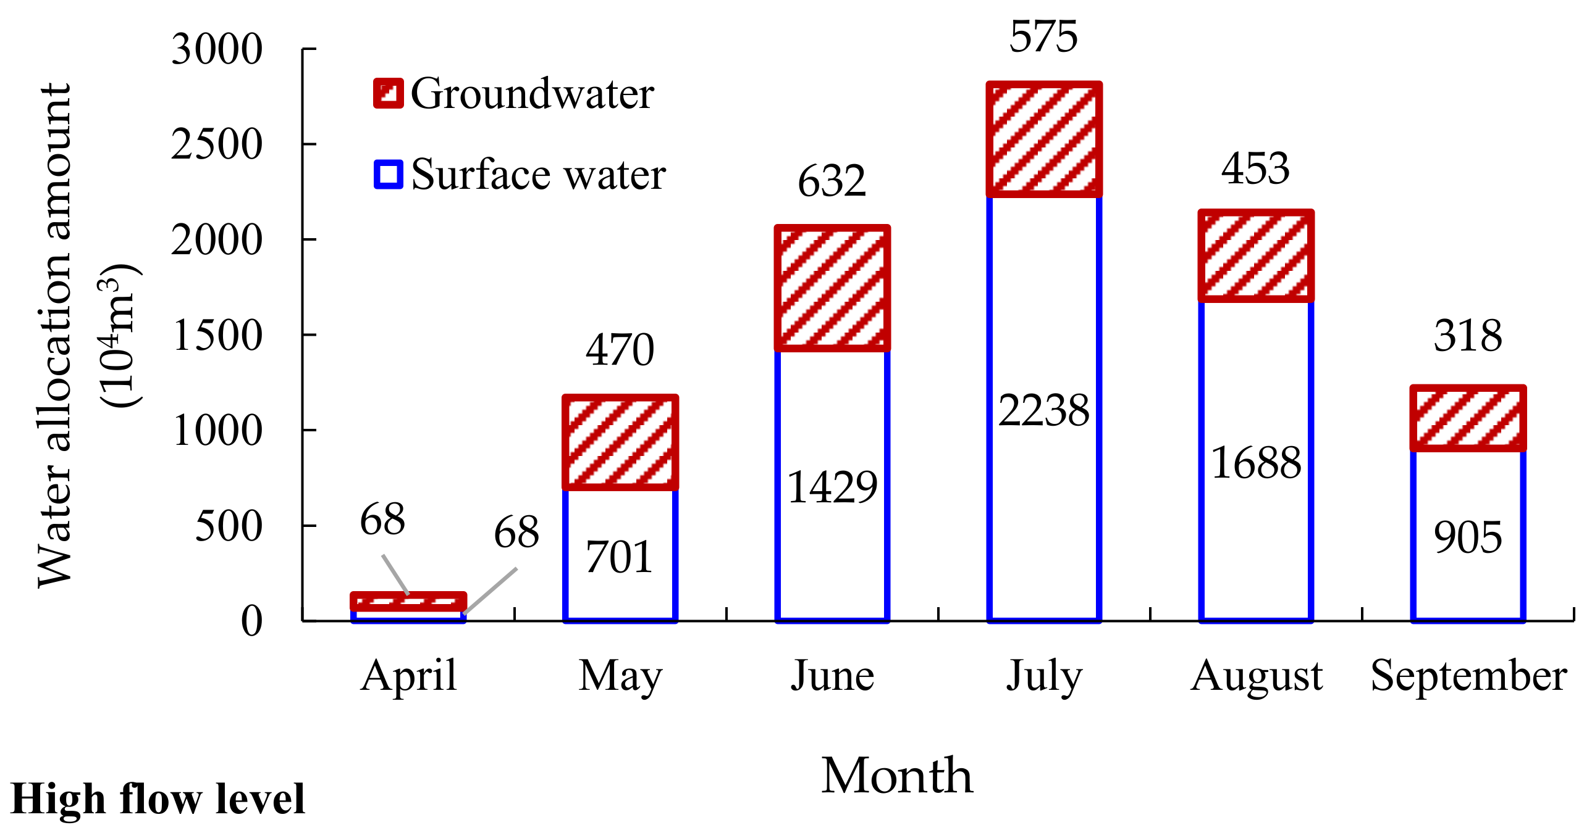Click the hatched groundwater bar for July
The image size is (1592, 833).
(1044, 139)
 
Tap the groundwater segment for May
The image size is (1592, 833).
(620, 442)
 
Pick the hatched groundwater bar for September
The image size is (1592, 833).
(1468, 418)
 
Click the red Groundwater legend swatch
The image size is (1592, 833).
(388, 94)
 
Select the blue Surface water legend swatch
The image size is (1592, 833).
(388, 174)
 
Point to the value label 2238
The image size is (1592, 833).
(1044, 410)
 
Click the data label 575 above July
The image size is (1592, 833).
(1044, 37)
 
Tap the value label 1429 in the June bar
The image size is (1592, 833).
(832, 487)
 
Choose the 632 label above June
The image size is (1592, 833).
(832, 181)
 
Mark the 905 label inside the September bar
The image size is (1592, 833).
(1468, 537)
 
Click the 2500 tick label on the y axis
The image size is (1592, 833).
(217, 144)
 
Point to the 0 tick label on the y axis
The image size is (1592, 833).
(251, 621)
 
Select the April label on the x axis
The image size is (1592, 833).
(408, 676)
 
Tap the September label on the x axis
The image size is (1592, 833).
(1468, 676)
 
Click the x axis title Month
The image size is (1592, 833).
(897, 776)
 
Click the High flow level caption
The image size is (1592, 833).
(158, 799)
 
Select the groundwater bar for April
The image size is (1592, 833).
(408, 601)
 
